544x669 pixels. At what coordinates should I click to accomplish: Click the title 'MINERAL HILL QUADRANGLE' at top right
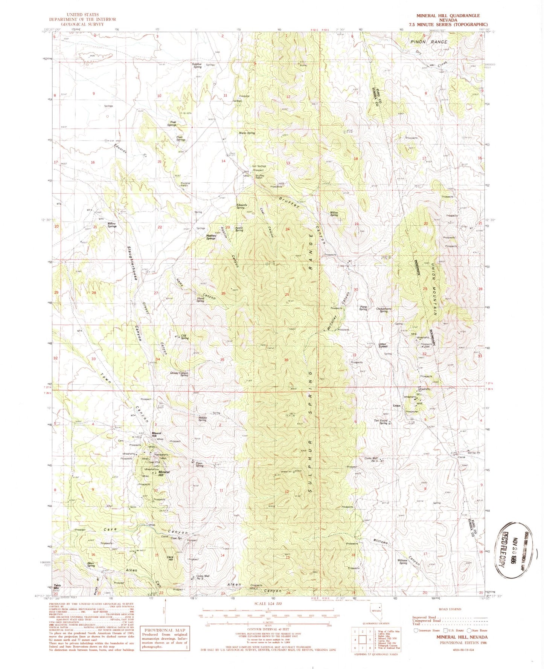tap(448, 15)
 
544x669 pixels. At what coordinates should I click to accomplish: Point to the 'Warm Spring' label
tap(247, 133)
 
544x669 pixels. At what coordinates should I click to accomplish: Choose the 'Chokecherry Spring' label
tap(384, 310)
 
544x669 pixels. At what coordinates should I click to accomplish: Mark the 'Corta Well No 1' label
tap(371, 459)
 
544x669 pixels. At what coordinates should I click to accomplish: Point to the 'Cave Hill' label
tap(170, 559)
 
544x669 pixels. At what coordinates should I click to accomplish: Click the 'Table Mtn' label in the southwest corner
tap(57, 587)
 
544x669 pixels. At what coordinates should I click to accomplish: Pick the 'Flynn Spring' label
tap(199, 465)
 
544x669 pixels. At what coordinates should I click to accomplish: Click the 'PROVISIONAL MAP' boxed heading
tap(164, 630)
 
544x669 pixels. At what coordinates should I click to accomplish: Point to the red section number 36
tap(286, 360)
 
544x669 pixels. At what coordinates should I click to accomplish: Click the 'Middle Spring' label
tap(202, 419)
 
